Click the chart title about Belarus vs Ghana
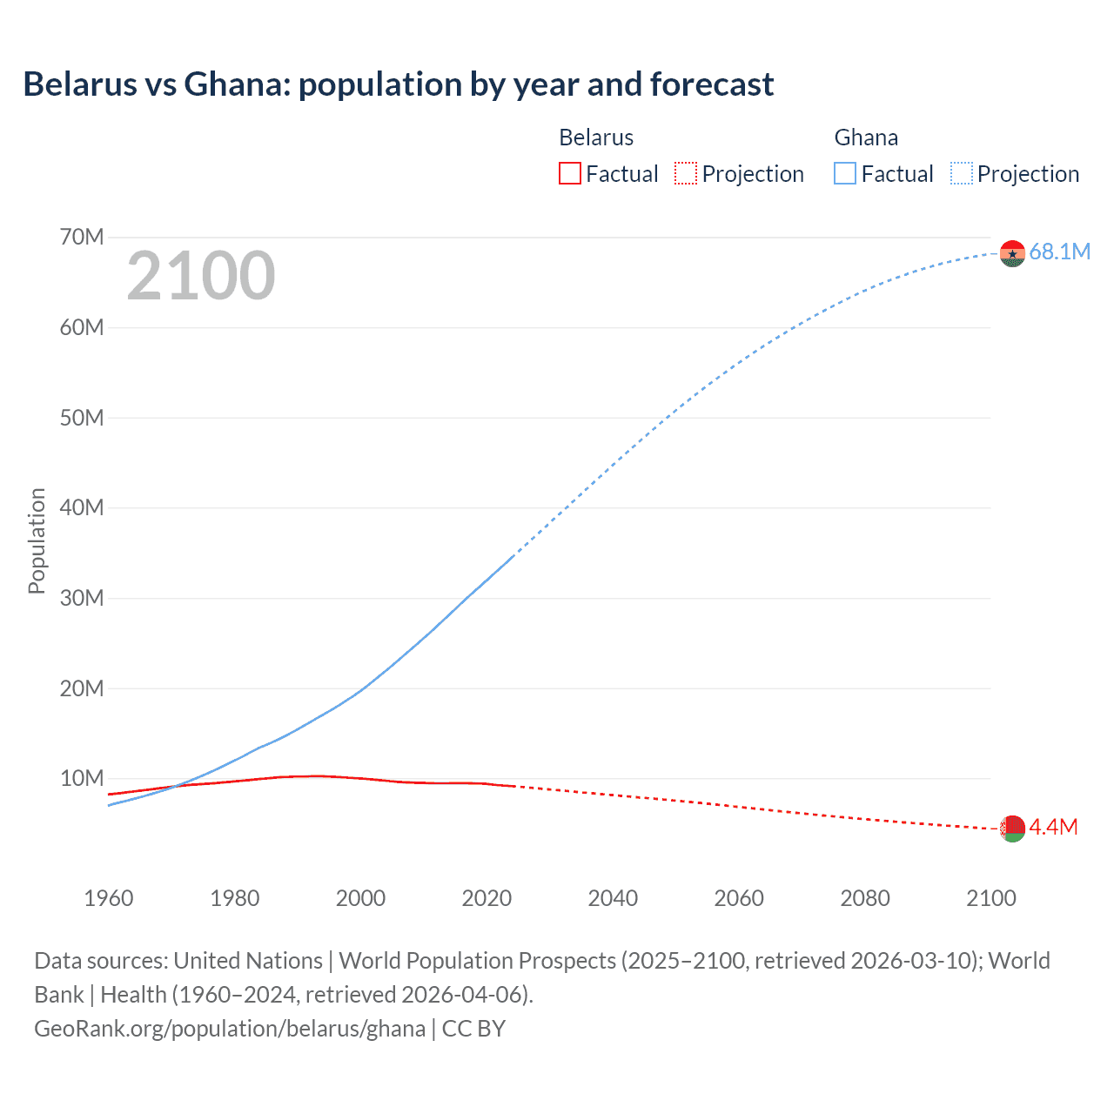398,84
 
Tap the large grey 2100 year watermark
201,276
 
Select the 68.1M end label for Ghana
1059,252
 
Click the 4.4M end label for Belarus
1053,827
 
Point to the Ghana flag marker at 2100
1012,253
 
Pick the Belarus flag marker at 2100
1012,829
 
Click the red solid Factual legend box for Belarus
569,174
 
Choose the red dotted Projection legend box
686,174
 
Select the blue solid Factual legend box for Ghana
845,174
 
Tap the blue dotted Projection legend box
962,174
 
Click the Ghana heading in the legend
866,138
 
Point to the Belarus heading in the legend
596,138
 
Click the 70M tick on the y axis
82,237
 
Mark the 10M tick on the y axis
82,778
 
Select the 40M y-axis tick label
82,507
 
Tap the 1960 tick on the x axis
109,898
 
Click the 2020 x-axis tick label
487,898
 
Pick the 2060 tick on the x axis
739,898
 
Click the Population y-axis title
37,540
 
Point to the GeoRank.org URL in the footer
230,1029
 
